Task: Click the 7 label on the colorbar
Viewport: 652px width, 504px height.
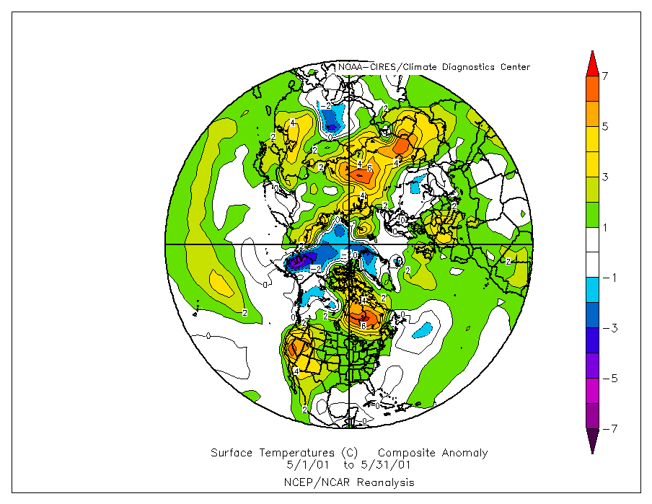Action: point(605,76)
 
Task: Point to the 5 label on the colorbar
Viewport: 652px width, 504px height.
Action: point(605,127)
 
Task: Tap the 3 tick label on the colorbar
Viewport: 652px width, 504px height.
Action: point(605,177)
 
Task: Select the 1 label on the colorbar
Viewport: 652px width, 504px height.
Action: point(605,228)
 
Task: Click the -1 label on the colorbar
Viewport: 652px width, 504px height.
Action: point(607,278)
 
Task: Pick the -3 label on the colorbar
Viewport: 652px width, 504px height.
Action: point(607,329)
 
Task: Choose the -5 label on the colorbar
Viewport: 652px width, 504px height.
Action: point(607,379)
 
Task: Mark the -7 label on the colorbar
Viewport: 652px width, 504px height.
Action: point(607,430)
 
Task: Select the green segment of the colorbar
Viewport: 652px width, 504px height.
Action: point(591,215)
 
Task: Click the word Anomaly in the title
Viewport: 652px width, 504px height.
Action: point(463,454)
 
